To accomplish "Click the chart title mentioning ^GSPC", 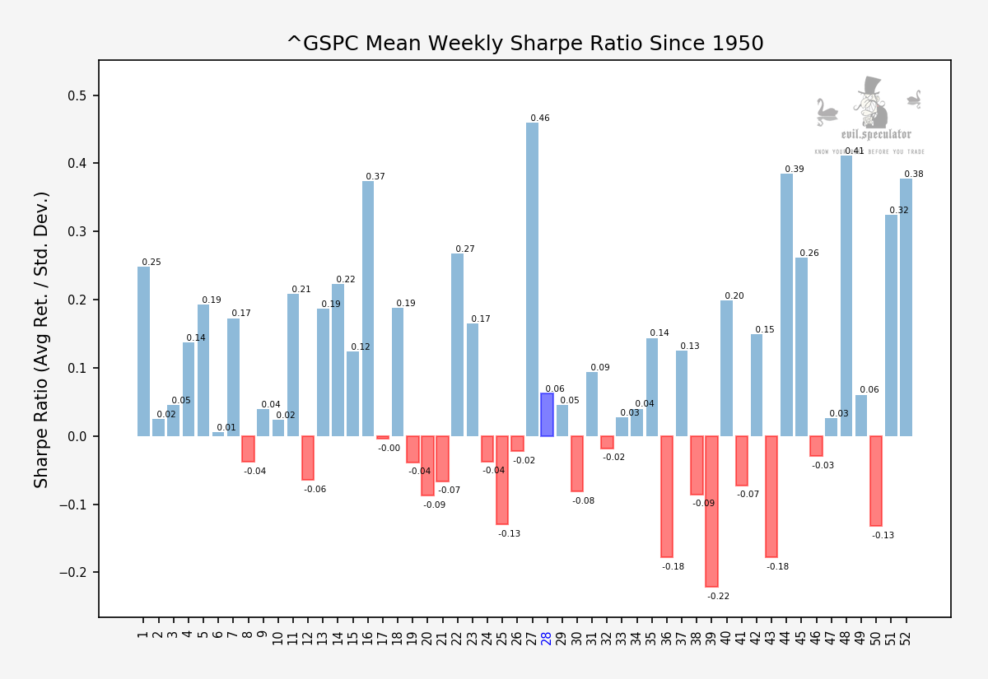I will point(524,44).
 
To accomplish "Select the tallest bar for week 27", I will point(532,280).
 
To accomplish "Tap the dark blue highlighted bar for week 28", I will point(547,415).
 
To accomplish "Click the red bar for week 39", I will point(711,511).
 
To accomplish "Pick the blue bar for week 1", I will point(143,351).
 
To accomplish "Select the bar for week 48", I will point(846,296).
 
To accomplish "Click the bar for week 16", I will point(368,309).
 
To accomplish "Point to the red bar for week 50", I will point(876,481).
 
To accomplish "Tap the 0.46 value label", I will point(540,119).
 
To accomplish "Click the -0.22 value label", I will point(718,596).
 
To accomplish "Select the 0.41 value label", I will point(855,151).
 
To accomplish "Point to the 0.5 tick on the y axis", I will point(79,95).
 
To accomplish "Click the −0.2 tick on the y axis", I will point(76,573).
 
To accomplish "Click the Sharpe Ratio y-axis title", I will point(42,339).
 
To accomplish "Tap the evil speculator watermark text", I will point(875,134).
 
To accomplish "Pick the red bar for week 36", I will point(667,496).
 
